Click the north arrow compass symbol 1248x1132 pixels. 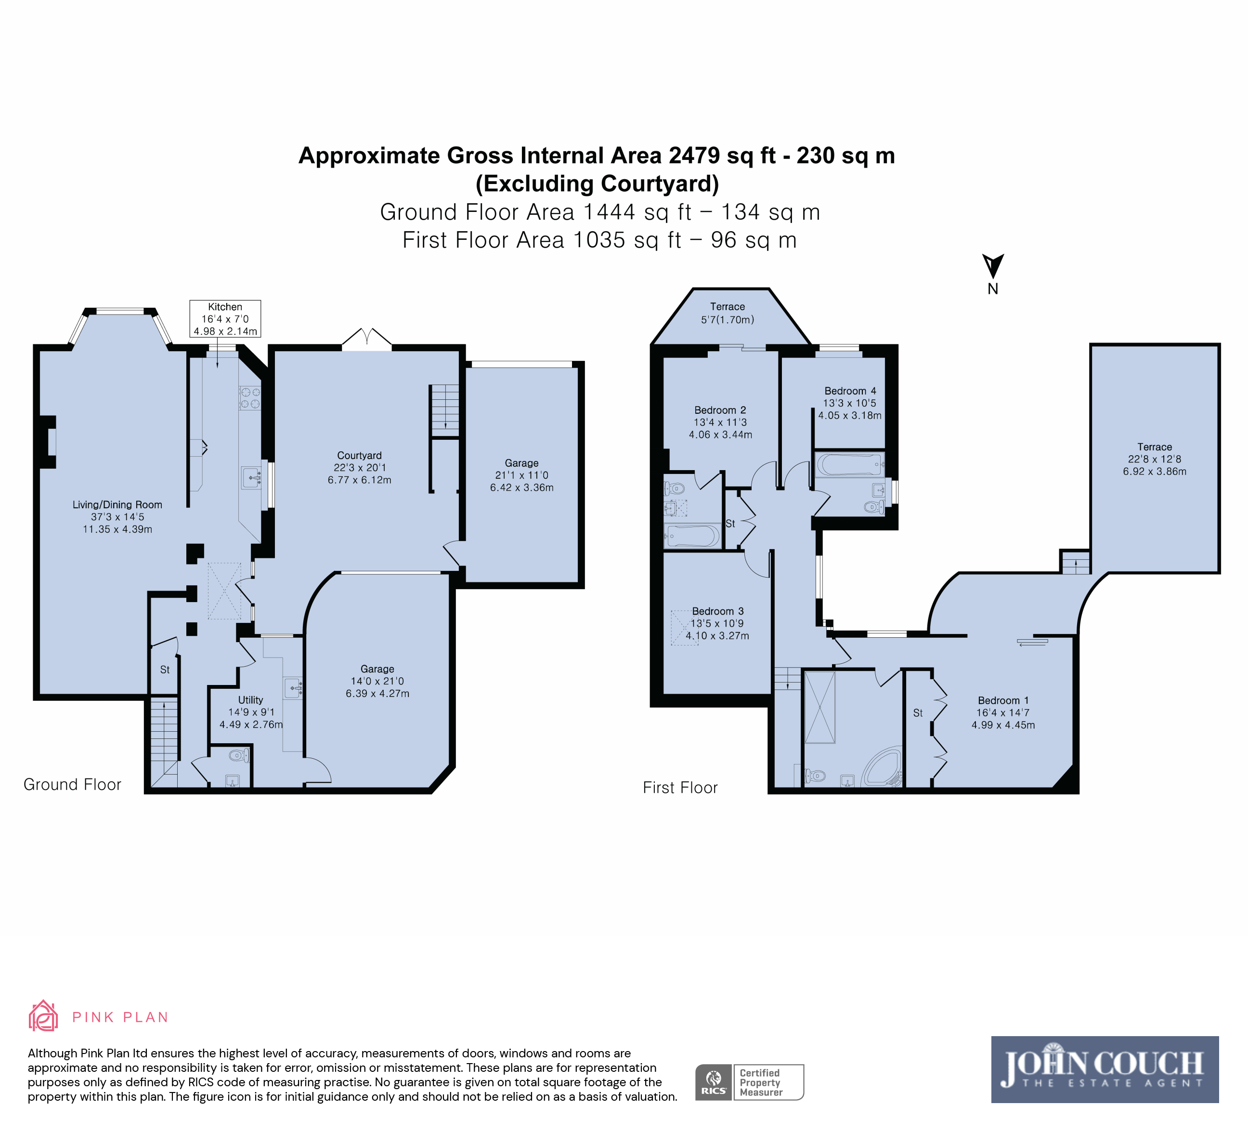click(993, 266)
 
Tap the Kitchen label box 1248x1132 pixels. click(225, 319)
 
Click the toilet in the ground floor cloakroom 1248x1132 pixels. click(238, 755)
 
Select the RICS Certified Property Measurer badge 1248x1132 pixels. click(750, 1082)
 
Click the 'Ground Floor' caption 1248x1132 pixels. click(72, 785)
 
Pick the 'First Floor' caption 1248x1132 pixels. click(680, 788)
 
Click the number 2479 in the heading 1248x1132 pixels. click(695, 156)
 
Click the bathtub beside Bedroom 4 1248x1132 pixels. click(849, 464)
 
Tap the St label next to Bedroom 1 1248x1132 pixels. click(918, 713)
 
